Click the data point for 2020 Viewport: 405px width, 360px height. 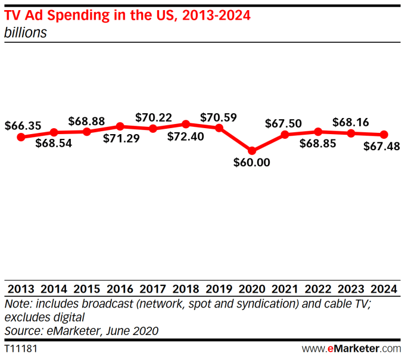[x=252, y=151]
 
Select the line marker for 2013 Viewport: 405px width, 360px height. [x=21, y=136]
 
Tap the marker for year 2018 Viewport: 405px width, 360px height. [x=186, y=124]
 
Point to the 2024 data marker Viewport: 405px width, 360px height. [x=384, y=135]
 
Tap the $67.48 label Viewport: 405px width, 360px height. [x=381, y=146]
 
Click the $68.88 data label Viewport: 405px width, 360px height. [x=87, y=120]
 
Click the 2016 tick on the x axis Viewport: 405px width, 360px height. [x=120, y=289]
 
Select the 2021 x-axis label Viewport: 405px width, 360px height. [x=285, y=289]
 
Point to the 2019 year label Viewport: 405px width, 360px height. [x=219, y=289]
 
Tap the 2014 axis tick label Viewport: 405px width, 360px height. [x=54, y=289]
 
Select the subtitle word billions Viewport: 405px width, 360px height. [x=26, y=33]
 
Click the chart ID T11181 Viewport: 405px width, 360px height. [x=20, y=347]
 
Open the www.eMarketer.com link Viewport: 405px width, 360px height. [x=351, y=347]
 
